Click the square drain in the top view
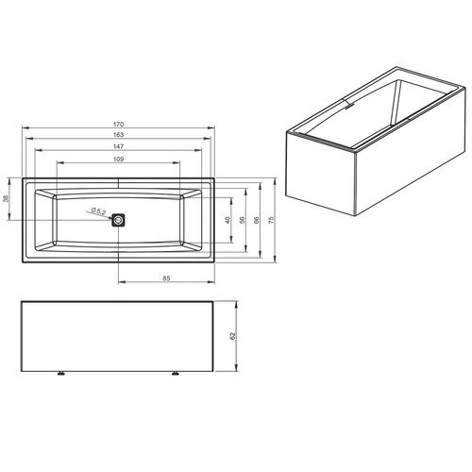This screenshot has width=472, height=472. [118, 220]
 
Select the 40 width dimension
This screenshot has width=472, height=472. [228, 219]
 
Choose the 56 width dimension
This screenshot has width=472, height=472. [243, 219]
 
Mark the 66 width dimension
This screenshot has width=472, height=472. [258, 219]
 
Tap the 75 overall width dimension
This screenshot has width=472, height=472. [273, 219]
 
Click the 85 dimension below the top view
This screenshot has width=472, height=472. [166, 278]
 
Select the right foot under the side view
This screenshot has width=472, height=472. [176, 374]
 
